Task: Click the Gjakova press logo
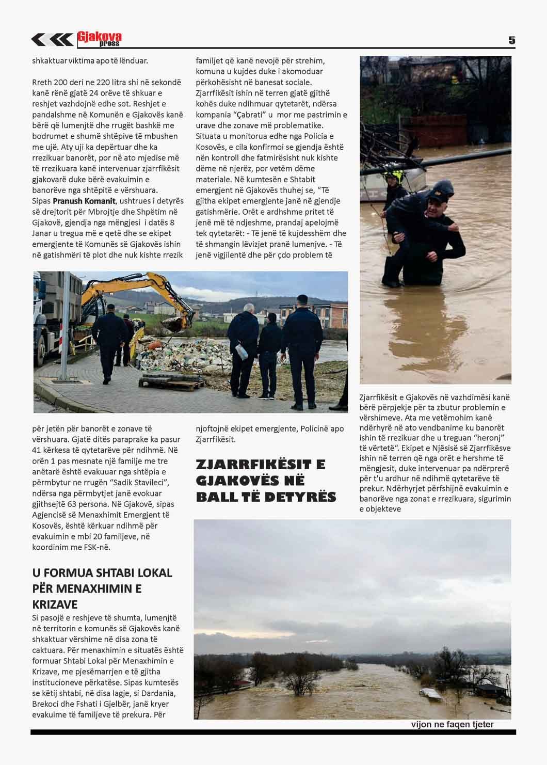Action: coord(99,39)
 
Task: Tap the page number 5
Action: coord(511,40)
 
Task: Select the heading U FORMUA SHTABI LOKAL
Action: coord(102,573)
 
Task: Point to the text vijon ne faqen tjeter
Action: coord(452,724)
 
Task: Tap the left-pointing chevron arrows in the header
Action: coord(52,39)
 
